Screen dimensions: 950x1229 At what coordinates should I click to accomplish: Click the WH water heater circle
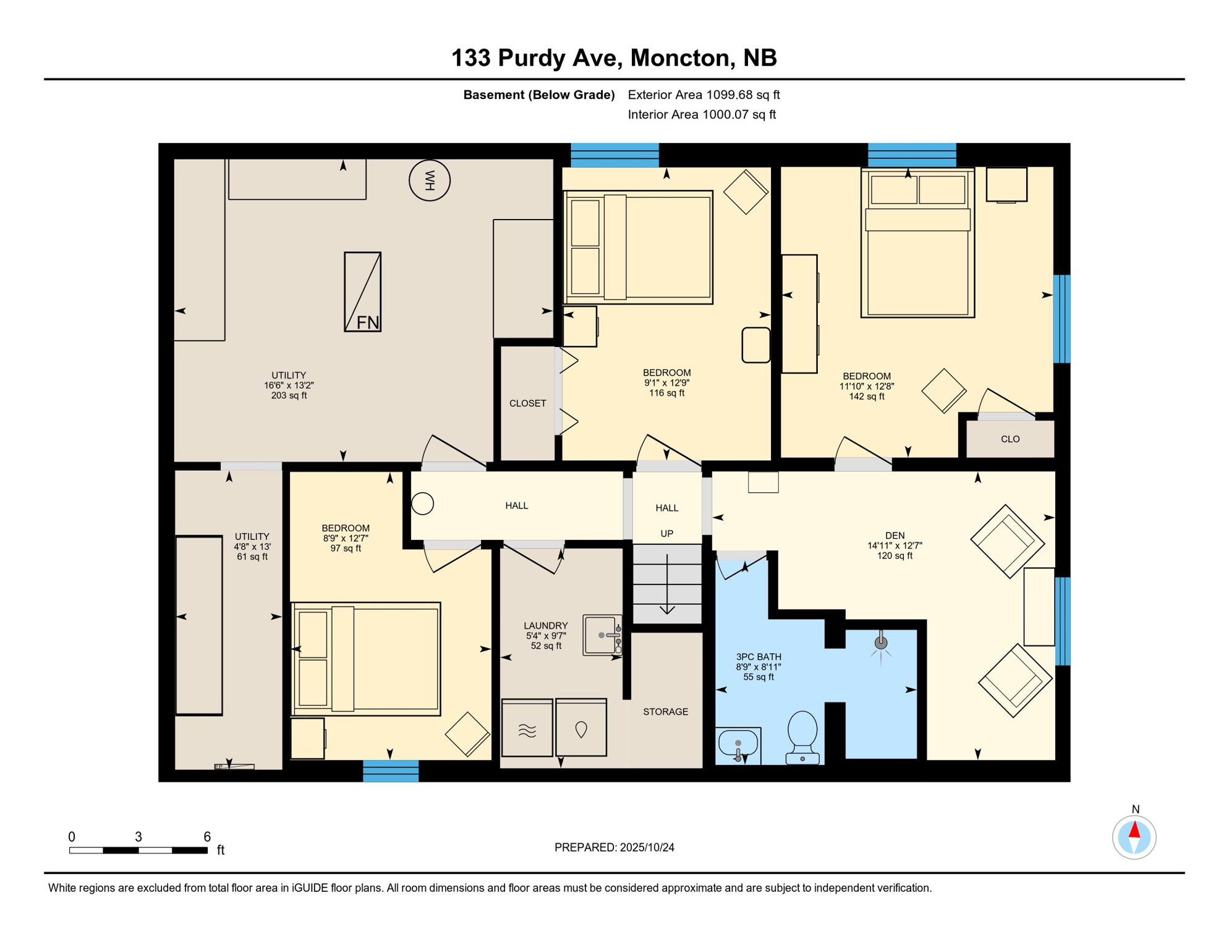coord(430,180)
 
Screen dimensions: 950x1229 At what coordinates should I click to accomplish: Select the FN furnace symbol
coord(362,292)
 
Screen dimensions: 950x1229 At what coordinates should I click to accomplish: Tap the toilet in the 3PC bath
coord(802,737)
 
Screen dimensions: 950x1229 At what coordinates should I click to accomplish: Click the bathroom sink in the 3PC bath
coord(738,745)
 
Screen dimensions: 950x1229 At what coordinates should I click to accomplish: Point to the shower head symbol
coord(881,643)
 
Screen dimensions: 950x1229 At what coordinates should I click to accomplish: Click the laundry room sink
coord(602,635)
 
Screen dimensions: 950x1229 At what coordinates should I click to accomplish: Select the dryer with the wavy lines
coord(527,728)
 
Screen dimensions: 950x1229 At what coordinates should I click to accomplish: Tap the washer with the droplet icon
coord(581,728)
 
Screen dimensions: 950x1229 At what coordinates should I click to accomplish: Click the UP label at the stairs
coord(666,534)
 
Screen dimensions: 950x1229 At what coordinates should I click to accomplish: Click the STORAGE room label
coord(665,712)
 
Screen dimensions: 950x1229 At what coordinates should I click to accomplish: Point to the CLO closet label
coord(1010,439)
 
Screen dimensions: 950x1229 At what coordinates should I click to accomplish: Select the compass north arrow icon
coord(1134,836)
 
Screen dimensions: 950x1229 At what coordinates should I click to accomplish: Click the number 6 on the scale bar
coord(207,837)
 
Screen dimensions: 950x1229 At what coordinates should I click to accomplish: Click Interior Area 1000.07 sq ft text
coord(702,114)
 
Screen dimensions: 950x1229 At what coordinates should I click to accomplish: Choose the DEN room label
coord(895,536)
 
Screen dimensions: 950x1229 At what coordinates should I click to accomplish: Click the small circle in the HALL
coord(422,503)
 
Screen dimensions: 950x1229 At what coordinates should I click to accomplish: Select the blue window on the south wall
coord(391,771)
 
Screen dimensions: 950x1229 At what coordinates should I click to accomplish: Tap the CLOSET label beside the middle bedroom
coord(527,403)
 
